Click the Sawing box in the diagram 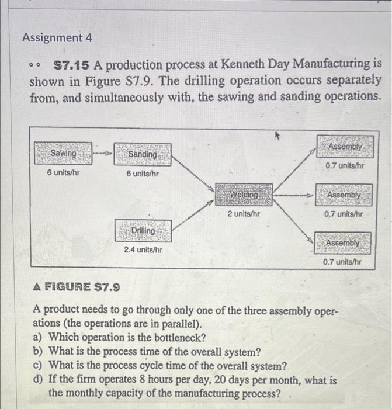(63, 152)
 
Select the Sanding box (143, 154)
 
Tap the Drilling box (143, 231)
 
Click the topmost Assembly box (345, 146)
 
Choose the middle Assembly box (344, 194)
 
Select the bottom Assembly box (344, 242)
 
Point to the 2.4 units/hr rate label (143, 249)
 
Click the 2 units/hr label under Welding (244, 214)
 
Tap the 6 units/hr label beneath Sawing (63, 173)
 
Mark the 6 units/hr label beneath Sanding (143, 174)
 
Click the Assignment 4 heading (57, 38)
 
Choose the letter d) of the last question (39, 380)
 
